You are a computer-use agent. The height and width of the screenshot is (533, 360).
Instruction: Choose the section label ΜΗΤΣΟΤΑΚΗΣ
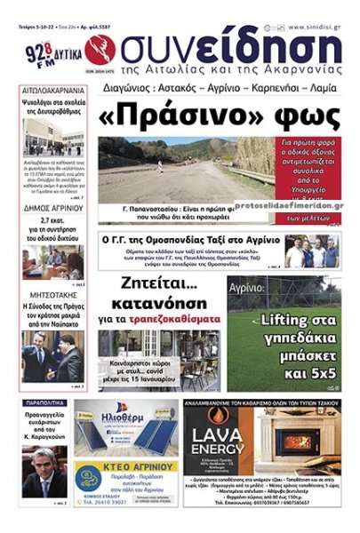click(x=52, y=290)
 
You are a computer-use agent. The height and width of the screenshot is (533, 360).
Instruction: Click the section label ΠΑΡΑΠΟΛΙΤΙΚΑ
click(x=47, y=402)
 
